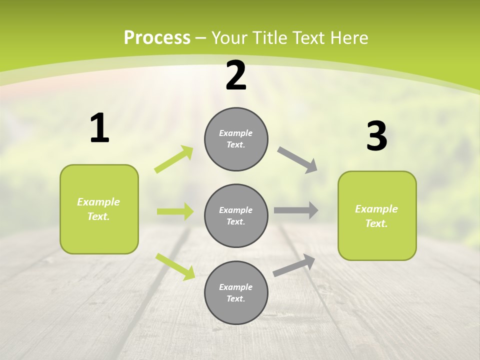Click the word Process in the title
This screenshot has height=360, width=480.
pyautogui.click(x=157, y=38)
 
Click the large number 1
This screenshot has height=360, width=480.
pyautogui.click(x=99, y=128)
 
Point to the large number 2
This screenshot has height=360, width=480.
pyautogui.click(x=236, y=75)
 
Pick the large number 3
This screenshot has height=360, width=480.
pyautogui.click(x=376, y=136)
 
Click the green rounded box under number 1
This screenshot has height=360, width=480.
pyautogui.click(x=99, y=209)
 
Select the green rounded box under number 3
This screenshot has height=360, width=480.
pyautogui.click(x=377, y=216)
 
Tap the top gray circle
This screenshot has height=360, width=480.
pyautogui.click(x=236, y=139)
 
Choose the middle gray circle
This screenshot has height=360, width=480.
pyautogui.click(x=236, y=216)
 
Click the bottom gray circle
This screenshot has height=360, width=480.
pyautogui.click(x=236, y=293)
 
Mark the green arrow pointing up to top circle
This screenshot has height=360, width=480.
pyautogui.click(x=174, y=159)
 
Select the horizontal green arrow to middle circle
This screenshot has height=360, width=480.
pyautogui.click(x=175, y=211)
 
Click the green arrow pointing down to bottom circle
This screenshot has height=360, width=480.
pyautogui.click(x=175, y=266)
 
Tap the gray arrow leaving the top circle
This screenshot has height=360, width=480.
pyautogui.click(x=297, y=160)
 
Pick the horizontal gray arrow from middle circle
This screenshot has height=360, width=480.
pyautogui.click(x=296, y=210)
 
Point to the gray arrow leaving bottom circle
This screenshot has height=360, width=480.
pyautogui.click(x=294, y=265)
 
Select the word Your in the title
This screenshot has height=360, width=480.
pyautogui.click(x=229, y=38)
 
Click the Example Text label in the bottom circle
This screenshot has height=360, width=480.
pyautogui.click(x=236, y=293)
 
